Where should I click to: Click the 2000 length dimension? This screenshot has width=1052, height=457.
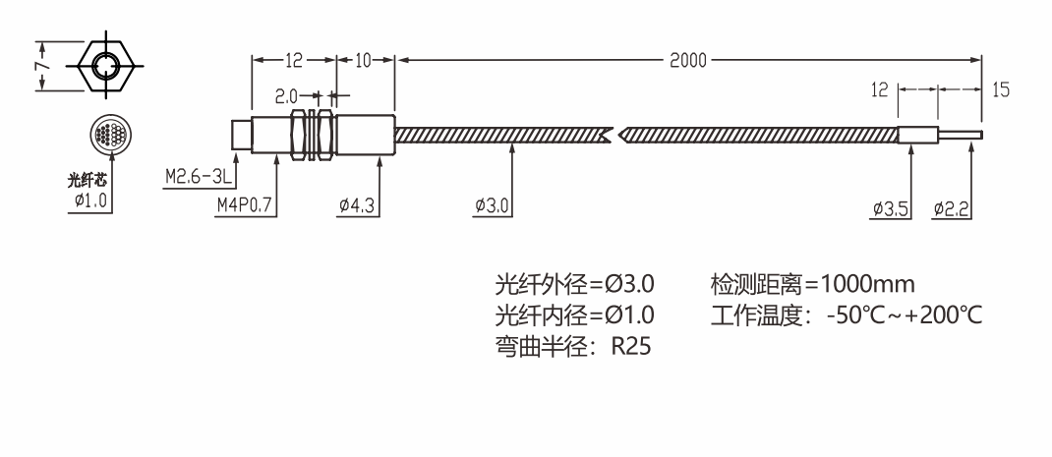(x=687, y=60)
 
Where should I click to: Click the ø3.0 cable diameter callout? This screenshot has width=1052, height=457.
(x=493, y=205)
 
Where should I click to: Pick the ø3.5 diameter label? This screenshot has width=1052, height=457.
(x=891, y=208)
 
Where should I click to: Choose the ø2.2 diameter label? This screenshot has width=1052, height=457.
(x=951, y=208)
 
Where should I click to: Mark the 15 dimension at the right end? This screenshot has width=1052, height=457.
(x=1001, y=89)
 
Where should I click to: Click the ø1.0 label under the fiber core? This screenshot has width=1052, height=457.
(x=91, y=201)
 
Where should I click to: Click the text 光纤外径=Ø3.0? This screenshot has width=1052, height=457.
(x=574, y=285)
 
